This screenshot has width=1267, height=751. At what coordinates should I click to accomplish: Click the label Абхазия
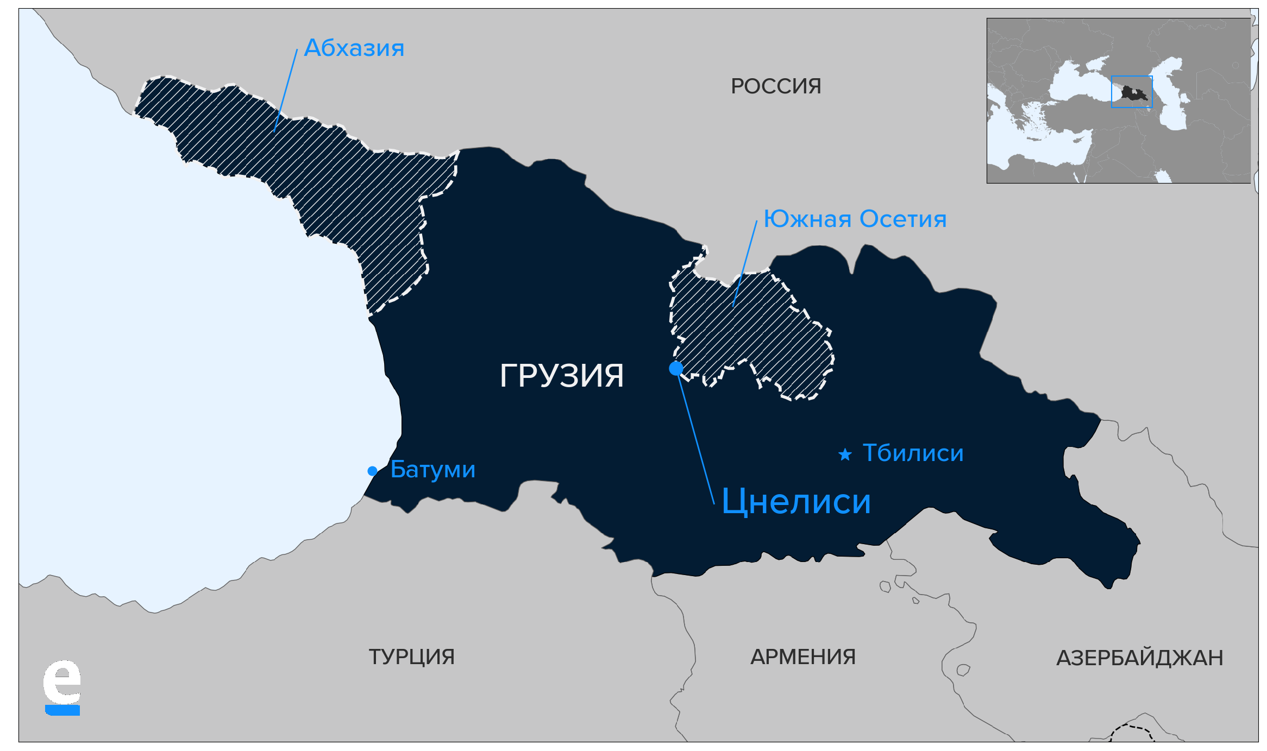(354, 48)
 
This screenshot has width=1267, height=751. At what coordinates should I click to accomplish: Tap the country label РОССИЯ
(775, 86)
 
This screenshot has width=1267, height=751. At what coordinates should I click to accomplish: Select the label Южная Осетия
(855, 219)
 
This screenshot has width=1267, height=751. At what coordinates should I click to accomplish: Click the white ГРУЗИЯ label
(561, 375)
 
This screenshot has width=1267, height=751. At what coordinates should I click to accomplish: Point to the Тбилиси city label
(913, 453)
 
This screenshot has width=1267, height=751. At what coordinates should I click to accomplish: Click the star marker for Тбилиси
(845, 455)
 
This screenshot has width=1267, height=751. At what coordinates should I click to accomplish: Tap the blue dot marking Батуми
(372, 471)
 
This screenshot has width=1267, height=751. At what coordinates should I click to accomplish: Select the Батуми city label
(432, 469)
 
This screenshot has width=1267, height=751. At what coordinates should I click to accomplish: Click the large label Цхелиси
(796, 501)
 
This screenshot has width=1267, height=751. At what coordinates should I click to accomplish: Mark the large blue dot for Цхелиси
(676, 369)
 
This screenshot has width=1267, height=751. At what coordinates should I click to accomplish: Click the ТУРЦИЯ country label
(411, 657)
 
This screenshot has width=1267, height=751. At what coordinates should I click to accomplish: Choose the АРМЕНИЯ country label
(802, 657)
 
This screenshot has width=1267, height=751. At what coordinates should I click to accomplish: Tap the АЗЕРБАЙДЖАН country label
(1139, 658)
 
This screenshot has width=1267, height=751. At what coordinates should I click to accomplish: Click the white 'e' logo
(62, 682)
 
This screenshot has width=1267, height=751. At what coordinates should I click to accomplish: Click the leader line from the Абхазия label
(286, 90)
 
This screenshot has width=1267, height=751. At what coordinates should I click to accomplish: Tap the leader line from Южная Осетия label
(745, 263)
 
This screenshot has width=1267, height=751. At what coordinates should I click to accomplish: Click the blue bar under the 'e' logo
(62, 711)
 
